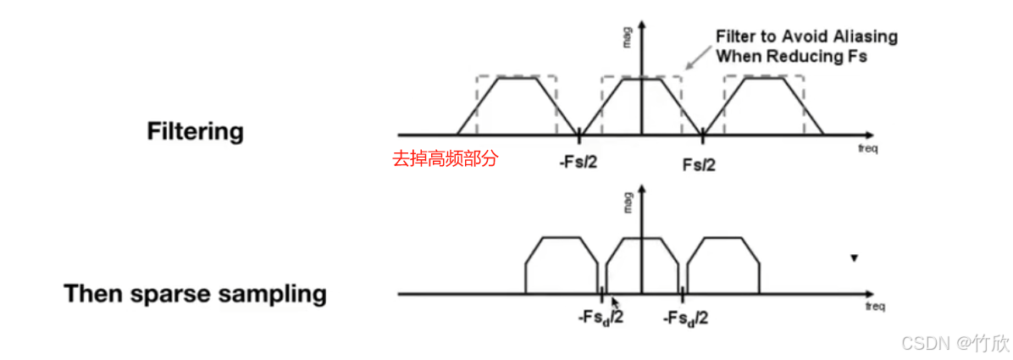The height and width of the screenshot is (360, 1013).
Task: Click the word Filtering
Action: [x=195, y=132]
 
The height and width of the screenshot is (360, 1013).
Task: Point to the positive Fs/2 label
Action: [x=699, y=163]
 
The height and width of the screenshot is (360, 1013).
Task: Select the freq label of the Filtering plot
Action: [x=866, y=149]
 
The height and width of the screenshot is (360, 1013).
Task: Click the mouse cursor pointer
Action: [x=615, y=302]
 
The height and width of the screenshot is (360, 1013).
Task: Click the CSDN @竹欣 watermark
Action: [x=955, y=343]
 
